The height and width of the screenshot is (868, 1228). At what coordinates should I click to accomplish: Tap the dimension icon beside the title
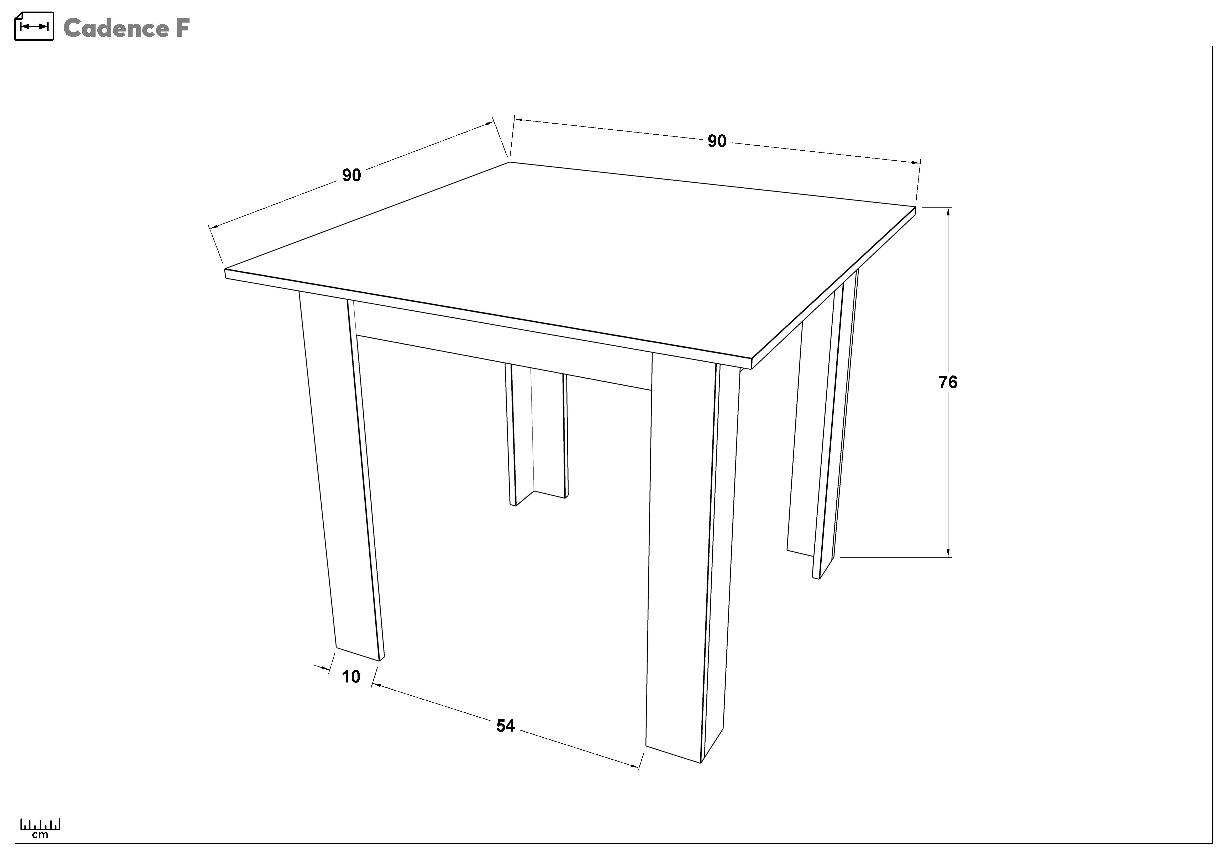pyautogui.click(x=34, y=26)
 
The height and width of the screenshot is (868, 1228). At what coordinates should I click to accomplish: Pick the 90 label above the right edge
pyautogui.click(x=717, y=141)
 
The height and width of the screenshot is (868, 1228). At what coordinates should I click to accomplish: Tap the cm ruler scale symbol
pyautogui.click(x=40, y=828)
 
